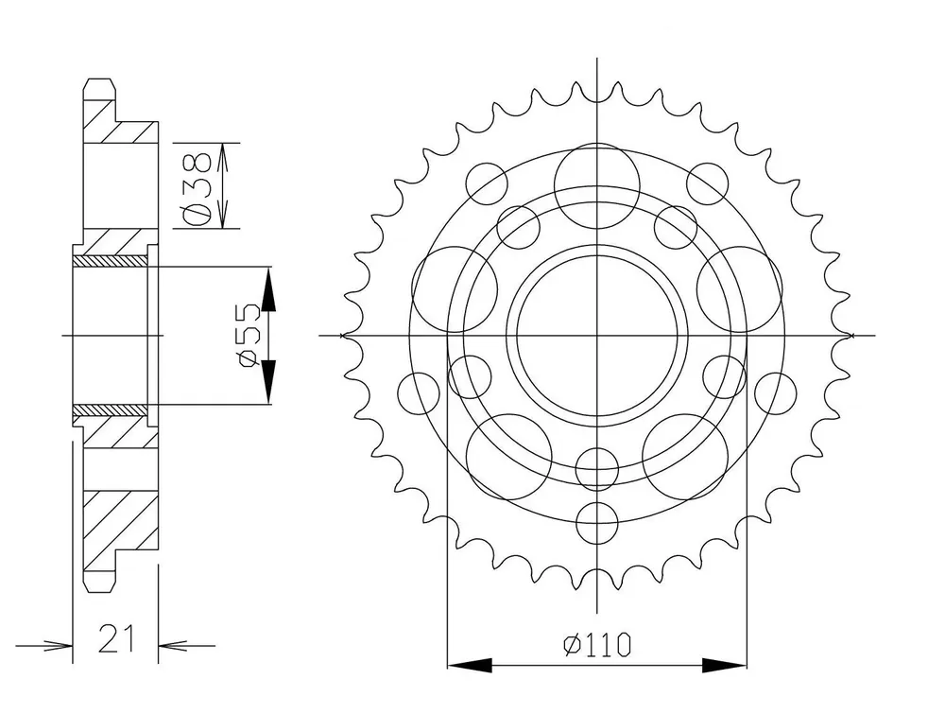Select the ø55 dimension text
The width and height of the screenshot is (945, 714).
[x=249, y=336]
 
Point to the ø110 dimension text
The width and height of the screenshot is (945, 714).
[x=597, y=645]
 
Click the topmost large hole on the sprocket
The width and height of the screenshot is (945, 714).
[x=596, y=185]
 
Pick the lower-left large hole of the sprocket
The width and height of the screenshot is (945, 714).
[x=509, y=456]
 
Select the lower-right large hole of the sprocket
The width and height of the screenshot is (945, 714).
[x=684, y=456]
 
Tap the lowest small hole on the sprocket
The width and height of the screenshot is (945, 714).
[x=597, y=523]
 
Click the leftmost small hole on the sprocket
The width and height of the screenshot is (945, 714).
[x=419, y=393]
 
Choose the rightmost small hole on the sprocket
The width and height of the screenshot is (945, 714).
[x=775, y=393]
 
